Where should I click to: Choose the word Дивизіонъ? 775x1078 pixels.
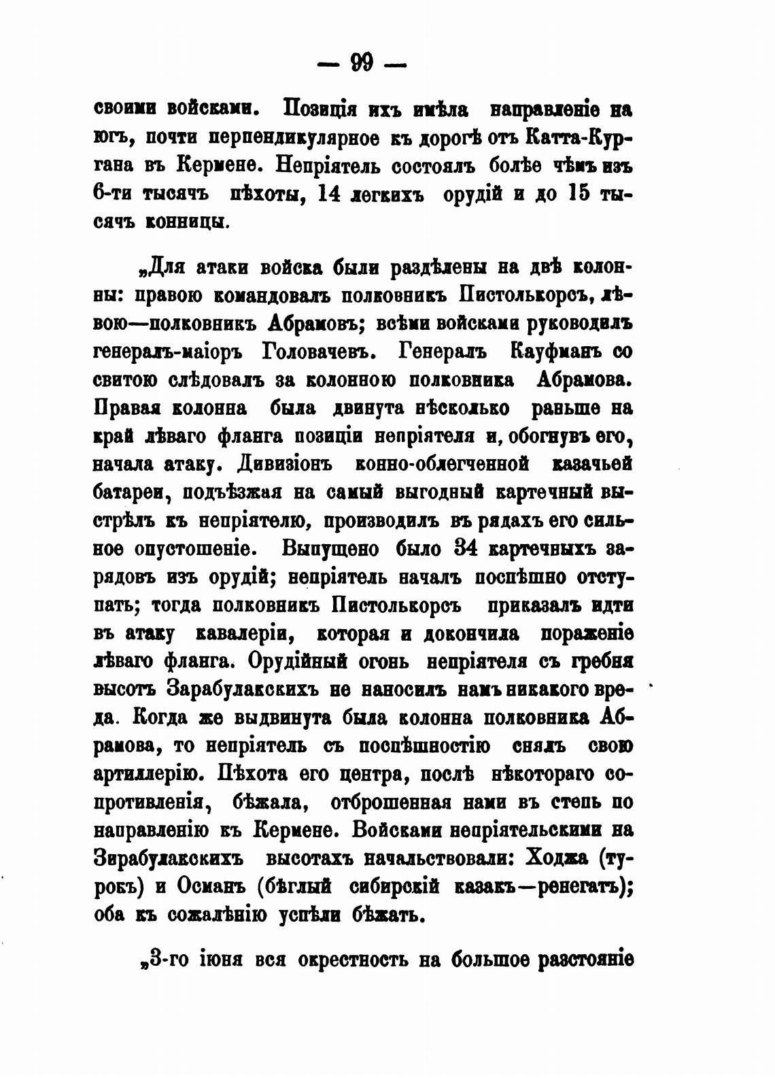pos(285,465)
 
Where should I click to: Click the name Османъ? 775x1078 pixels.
pos(208,887)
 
